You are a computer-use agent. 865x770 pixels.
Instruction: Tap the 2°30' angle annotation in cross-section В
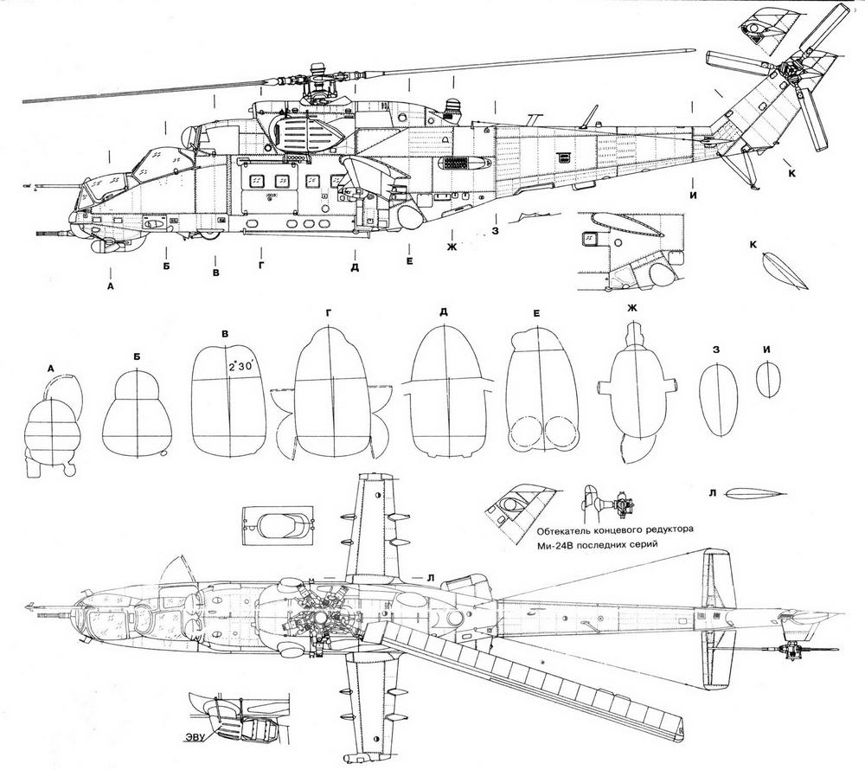click(240, 366)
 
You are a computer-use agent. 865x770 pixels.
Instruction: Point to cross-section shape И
click(767, 379)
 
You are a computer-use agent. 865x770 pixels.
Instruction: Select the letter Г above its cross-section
click(327, 311)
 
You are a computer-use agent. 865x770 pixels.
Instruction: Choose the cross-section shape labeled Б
click(137, 414)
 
